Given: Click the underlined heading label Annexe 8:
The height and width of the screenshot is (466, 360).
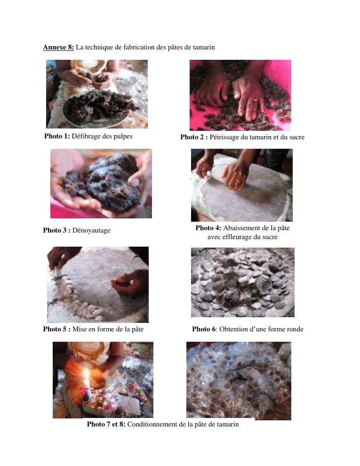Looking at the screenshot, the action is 58,47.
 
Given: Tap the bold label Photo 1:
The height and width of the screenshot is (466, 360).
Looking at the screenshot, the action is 57,136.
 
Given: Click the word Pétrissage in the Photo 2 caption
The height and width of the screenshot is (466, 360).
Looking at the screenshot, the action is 224,137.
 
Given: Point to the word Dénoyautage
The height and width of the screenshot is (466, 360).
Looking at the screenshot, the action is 91,230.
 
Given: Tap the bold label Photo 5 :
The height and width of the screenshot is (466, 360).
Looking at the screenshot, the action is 57,329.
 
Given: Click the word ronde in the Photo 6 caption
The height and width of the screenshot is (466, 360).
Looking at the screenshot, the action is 294,329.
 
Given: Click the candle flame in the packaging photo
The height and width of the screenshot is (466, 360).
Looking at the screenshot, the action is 87,375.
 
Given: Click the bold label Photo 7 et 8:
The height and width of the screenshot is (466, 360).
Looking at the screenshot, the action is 106,424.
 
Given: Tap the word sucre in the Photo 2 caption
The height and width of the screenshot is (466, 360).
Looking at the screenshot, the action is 297,137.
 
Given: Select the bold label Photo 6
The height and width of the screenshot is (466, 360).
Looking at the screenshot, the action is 204,329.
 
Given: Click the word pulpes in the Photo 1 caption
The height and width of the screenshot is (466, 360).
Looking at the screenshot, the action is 123,137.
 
